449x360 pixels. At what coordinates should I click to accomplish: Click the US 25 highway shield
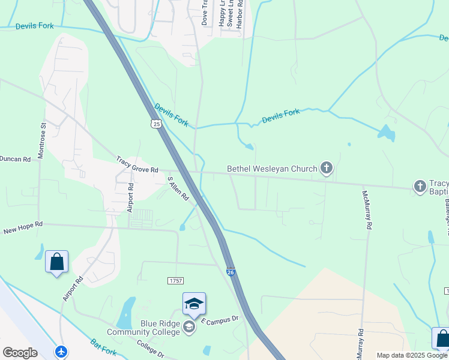[156, 124]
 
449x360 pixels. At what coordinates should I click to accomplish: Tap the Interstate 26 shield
[231, 272]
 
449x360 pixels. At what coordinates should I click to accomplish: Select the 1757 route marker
[175, 280]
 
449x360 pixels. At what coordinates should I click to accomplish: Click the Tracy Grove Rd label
[137, 161]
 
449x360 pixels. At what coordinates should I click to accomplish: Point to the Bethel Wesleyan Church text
[272, 169]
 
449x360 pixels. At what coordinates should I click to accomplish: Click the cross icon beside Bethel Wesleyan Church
[327, 168]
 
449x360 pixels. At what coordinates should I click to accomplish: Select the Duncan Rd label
[15, 159]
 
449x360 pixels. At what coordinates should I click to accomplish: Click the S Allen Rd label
[178, 188]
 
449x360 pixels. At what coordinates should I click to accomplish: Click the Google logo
[20, 353]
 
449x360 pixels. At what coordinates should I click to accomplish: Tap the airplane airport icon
[61, 351]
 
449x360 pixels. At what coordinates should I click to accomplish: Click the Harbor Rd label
[240, 14]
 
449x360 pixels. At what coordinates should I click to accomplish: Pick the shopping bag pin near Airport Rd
[56, 262]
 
